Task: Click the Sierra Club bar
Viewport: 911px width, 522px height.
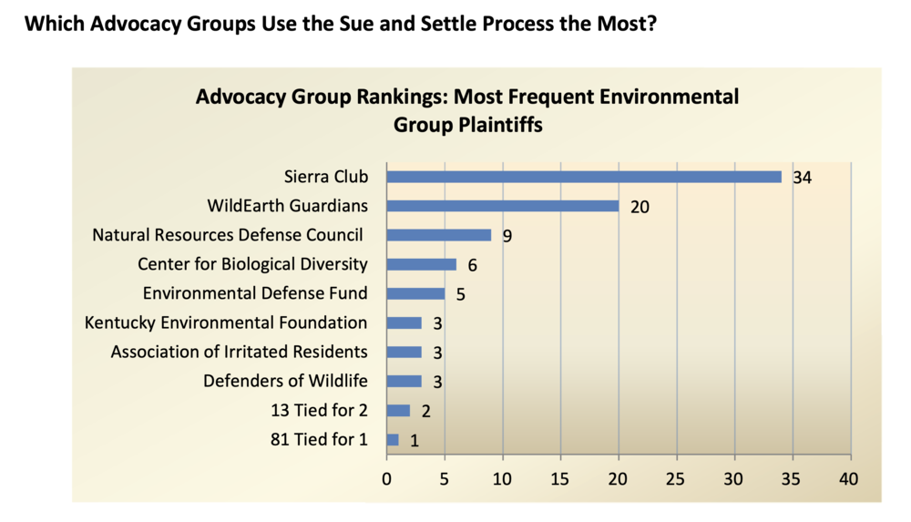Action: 584,177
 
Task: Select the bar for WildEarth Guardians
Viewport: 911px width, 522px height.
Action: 503,206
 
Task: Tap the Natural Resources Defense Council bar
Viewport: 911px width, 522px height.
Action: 439,235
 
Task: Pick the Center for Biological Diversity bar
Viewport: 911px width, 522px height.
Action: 422,264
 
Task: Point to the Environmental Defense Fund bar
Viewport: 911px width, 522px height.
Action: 415,293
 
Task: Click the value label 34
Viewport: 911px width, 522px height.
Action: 802,178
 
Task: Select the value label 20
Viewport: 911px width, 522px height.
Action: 640,207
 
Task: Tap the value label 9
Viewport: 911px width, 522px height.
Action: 507,236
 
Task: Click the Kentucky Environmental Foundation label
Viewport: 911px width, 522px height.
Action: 226,322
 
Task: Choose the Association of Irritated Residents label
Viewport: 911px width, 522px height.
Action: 239,352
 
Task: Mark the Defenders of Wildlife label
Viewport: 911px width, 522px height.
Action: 285,381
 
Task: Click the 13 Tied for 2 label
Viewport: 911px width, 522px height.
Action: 319,410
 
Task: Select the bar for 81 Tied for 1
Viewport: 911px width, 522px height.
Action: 393,439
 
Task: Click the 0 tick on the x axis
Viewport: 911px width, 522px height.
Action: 387,477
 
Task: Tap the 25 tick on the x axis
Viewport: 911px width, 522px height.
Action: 677,477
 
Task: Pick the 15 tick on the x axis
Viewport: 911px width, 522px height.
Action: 561,477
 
